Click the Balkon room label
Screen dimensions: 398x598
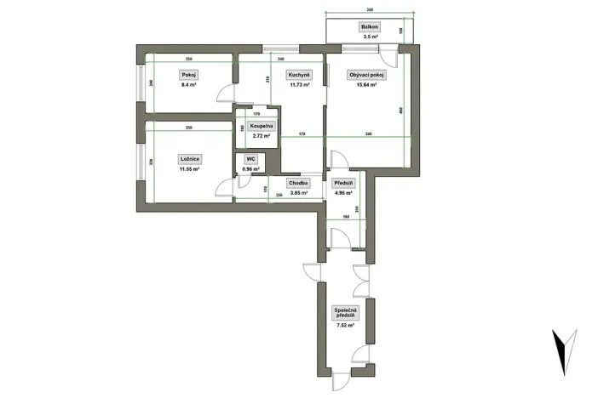(370, 27)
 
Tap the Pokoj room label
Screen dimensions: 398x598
(188, 75)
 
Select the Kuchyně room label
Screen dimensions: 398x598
(297, 75)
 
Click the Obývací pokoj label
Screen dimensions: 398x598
(367, 75)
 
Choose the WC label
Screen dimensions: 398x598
(251, 159)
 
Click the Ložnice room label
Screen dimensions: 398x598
(189, 159)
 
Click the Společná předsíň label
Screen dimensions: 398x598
(346, 313)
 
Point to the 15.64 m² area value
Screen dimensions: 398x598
(367, 85)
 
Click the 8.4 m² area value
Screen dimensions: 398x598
(188, 85)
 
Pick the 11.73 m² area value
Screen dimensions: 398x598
(297, 85)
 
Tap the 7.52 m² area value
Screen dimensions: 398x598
(346, 326)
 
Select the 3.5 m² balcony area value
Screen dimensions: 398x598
(370, 37)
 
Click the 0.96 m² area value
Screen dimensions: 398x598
(251, 169)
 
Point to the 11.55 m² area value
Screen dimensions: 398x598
(189, 169)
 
